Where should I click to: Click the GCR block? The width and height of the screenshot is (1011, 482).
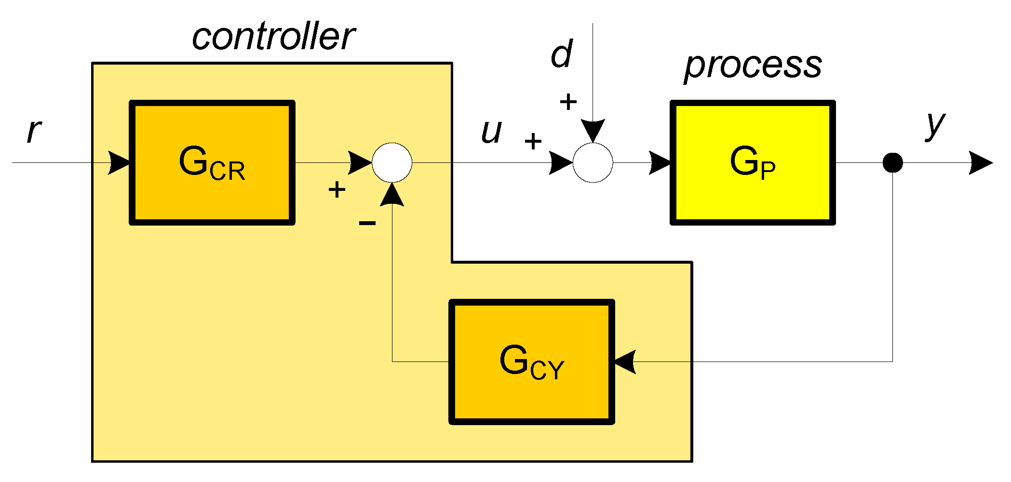(x=212, y=162)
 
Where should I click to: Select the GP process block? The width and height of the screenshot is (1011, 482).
(x=752, y=162)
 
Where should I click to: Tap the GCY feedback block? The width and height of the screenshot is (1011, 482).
(x=532, y=362)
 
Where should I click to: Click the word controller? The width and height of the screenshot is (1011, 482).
(x=273, y=37)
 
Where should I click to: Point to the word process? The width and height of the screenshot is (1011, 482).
(x=753, y=66)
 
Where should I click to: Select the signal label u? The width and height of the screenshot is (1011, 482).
(x=491, y=131)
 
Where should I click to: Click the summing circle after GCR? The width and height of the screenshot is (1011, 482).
(x=392, y=162)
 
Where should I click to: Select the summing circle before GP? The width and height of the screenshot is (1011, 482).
(x=593, y=162)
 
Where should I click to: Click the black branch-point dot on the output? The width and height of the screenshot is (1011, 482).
(x=892, y=162)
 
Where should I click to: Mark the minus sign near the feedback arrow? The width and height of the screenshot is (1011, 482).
(x=367, y=223)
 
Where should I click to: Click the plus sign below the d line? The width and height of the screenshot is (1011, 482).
(x=568, y=102)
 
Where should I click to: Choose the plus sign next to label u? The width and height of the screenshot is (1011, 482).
(x=533, y=141)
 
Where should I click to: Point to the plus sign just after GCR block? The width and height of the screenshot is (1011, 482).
(x=337, y=189)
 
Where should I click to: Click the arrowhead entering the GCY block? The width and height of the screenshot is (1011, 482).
(x=625, y=361)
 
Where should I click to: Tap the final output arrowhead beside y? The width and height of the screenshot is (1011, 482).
(x=981, y=162)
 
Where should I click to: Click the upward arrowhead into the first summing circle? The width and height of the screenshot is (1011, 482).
(x=392, y=195)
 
